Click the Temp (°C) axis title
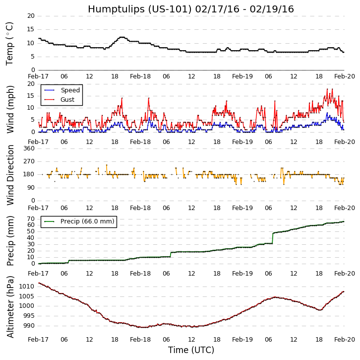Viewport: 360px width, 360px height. coord(10,43)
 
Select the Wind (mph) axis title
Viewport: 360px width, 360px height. coord(10,109)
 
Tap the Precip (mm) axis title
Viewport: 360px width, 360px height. coord(10,240)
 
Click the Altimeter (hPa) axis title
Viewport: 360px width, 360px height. coord(10,306)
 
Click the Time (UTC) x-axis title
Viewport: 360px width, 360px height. coord(191,350)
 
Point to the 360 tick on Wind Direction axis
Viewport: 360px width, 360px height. coord(28,148)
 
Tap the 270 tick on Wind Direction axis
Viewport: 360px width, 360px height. coord(28,161)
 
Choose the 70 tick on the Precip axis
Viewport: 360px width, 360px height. coord(30,219)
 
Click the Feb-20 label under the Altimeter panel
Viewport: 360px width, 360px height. coord(345,339)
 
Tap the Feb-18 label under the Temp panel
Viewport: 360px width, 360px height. coord(140,76)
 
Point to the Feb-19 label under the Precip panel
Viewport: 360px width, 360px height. coord(242,274)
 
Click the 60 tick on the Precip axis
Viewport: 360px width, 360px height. coord(30,225)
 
